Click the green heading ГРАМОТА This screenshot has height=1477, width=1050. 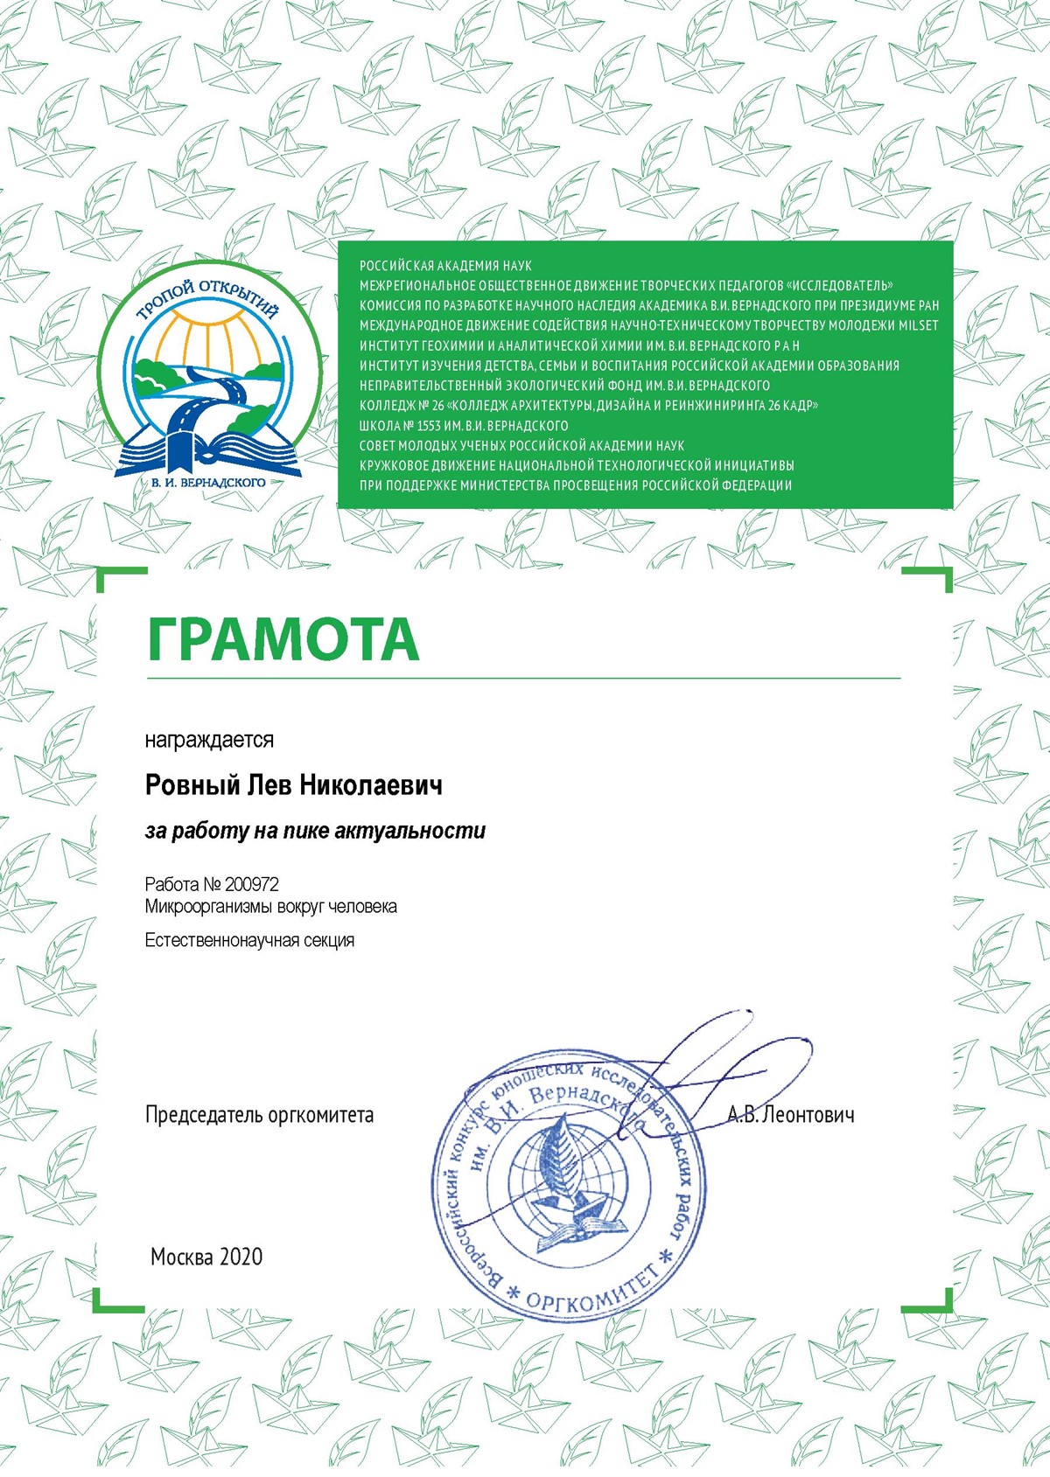[283, 638]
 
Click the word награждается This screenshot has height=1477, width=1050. [209, 740]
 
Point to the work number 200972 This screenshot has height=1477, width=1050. [252, 884]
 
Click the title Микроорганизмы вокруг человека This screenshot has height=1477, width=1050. [271, 907]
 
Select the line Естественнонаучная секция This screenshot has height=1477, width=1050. [249, 941]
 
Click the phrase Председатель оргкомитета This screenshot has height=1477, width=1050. [259, 1115]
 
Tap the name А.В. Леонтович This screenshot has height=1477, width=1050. [791, 1115]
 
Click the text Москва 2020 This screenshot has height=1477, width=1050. [206, 1257]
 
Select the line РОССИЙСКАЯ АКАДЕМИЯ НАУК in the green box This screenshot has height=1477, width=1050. [445, 265]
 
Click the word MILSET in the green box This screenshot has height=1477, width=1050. [918, 325]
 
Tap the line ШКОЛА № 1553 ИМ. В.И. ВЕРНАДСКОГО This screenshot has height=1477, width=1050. [464, 426]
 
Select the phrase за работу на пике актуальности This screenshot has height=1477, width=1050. [315, 831]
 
